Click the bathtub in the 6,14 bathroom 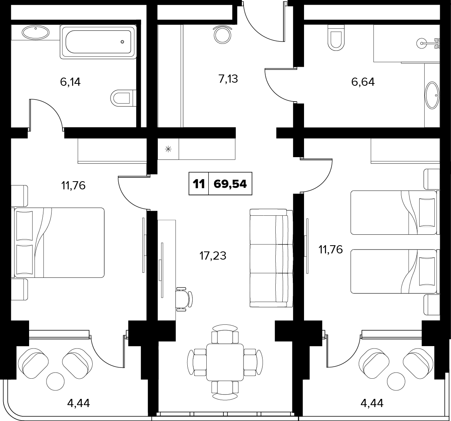pos(98,42)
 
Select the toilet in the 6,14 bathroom pos(123,98)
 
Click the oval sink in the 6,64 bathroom pos(432,95)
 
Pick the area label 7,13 pos(228,78)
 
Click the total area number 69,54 pos(230,184)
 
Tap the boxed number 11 pos(199,184)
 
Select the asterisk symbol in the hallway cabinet pos(168,149)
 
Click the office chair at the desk pos(184,299)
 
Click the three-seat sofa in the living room pos(271,258)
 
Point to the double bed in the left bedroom pos(57,243)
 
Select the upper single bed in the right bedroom pos(395,212)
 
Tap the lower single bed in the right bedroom pos(395,271)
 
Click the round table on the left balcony pos(55,381)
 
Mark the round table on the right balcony pos(397,381)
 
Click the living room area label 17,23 pos(213,255)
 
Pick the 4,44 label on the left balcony pos(78,403)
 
